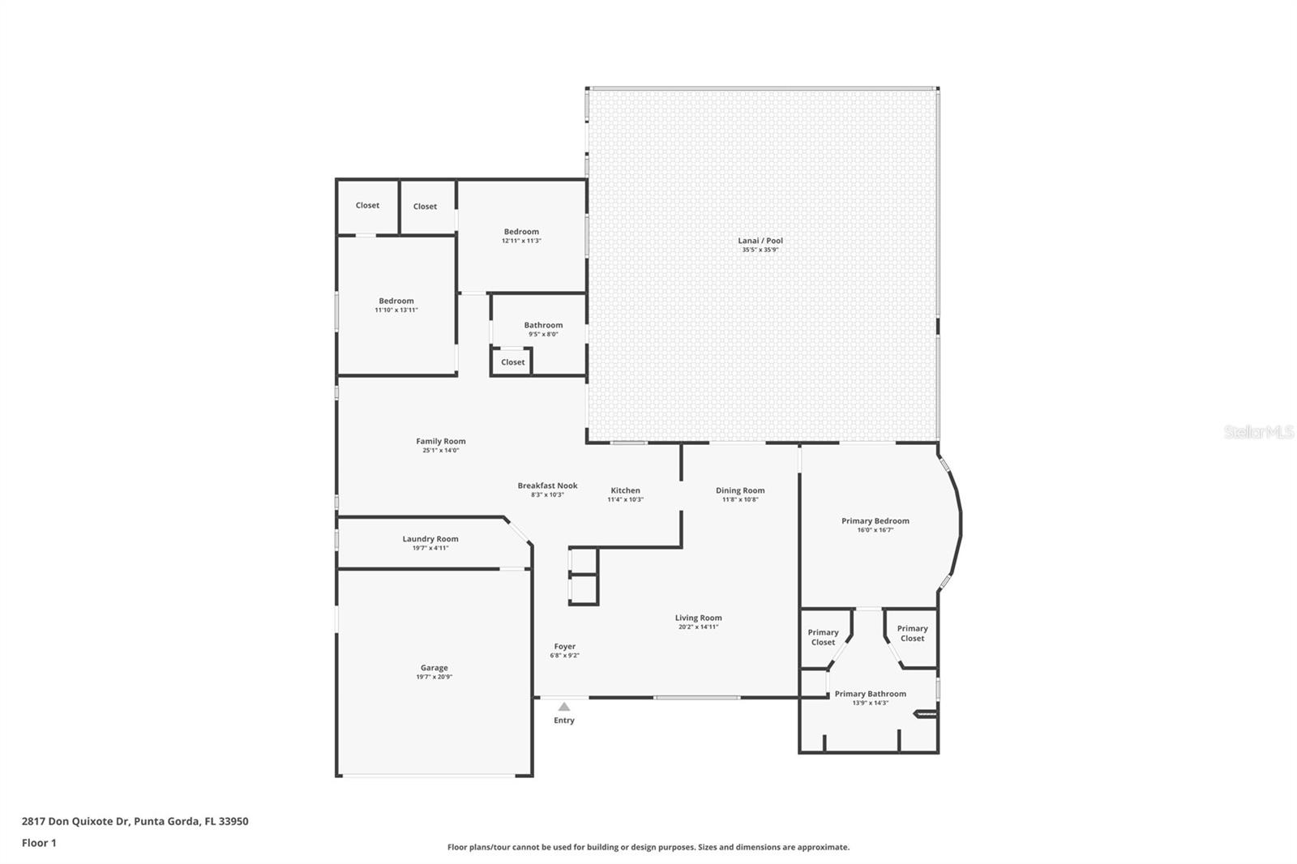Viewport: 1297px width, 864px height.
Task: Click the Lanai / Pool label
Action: pos(760,241)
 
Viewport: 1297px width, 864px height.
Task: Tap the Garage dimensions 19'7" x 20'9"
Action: pos(434,677)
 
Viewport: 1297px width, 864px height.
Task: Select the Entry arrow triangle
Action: pos(564,707)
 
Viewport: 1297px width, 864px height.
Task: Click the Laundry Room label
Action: pos(430,539)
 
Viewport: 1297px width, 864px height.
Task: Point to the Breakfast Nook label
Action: pos(547,486)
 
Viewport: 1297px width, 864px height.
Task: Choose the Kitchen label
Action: pos(625,490)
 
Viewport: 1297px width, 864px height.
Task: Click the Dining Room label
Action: pos(740,490)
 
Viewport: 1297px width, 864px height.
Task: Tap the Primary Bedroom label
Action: pos(875,521)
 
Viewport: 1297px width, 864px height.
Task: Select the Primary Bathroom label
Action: pos(870,694)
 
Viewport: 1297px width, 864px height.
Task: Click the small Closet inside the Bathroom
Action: pos(512,362)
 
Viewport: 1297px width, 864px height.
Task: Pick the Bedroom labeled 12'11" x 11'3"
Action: pos(521,232)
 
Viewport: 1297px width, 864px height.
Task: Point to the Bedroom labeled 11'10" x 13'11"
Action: pos(396,301)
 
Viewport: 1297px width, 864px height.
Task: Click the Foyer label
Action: pos(564,647)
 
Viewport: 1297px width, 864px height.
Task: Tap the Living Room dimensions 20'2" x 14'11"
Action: pos(698,627)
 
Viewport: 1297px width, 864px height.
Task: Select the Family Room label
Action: pos(441,442)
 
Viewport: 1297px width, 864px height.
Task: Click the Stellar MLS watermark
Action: pos(1258,433)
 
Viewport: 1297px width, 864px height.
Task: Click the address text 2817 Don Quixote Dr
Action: pos(75,821)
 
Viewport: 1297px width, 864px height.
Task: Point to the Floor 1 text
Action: pos(39,843)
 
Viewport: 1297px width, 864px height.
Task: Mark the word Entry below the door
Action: pos(564,721)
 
